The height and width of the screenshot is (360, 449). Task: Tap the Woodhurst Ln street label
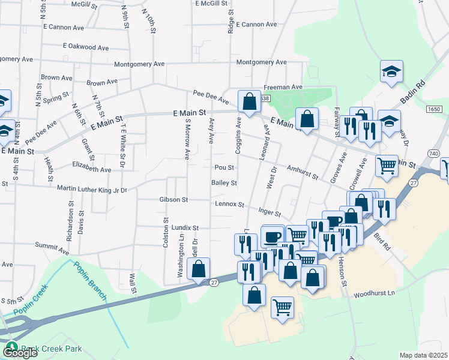tap(375, 294)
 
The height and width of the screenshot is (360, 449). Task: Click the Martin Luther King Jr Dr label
tap(92, 190)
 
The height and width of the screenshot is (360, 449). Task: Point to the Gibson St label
tap(173, 199)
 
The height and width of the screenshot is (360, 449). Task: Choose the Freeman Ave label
tap(283, 87)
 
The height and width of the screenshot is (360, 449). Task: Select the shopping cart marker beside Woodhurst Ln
tap(283, 307)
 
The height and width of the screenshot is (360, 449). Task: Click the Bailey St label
tap(224, 183)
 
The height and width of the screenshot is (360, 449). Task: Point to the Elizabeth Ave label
tap(91, 170)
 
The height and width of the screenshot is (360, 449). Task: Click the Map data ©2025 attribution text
tap(424, 355)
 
